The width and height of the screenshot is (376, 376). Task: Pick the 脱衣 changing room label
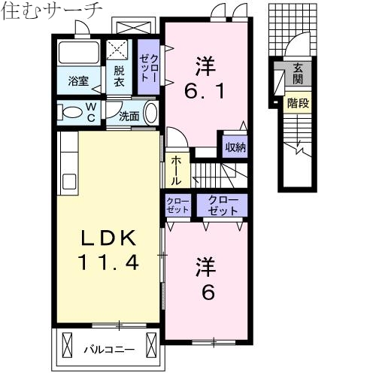[x=120, y=76]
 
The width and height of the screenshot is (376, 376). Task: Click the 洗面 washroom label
[x=129, y=116]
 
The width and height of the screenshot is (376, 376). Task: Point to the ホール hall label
[x=175, y=171]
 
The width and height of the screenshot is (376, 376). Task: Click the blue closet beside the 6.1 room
[x=149, y=68]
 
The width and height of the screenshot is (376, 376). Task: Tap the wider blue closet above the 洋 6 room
[x=223, y=205]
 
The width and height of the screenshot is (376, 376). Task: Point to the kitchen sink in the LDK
[x=68, y=182]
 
